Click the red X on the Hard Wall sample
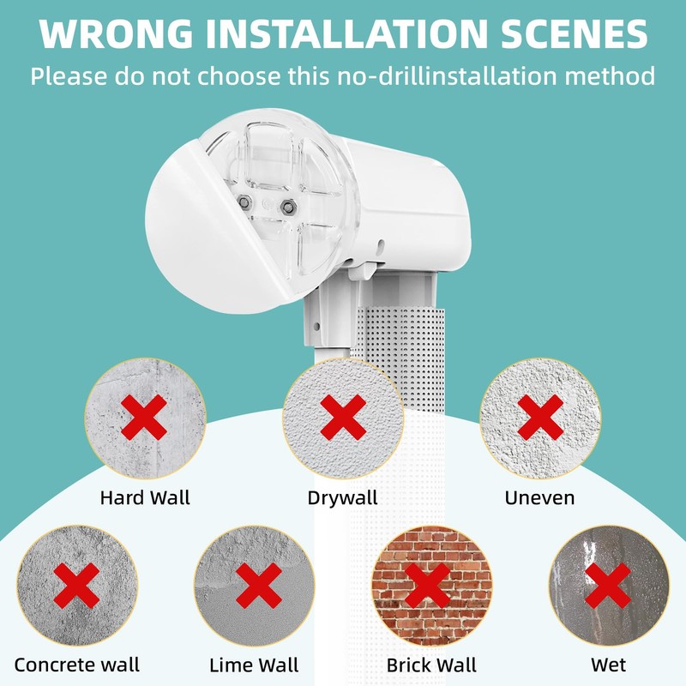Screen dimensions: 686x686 (144, 418)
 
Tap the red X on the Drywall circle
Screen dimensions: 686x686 (343, 418)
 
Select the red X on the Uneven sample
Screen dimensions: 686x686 (540, 418)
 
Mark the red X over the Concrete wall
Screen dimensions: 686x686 (76, 586)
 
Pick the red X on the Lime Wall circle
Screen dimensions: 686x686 (259, 586)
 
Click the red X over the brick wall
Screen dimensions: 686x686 (427, 586)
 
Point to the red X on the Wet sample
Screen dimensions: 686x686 (608, 586)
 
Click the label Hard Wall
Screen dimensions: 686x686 (145, 498)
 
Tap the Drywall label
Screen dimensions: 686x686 (342, 499)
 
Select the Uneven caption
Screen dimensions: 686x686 (539, 498)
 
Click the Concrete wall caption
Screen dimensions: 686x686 (76, 665)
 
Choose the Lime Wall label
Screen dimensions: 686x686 (254, 665)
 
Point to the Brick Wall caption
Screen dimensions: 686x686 (431, 665)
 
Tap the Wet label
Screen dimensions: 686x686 (609, 665)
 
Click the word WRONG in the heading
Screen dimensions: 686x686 (116, 33)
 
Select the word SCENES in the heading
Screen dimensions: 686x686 (574, 33)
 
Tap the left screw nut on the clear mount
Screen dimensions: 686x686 (244, 202)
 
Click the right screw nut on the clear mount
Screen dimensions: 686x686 (287, 207)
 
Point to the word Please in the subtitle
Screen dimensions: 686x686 (69, 76)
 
